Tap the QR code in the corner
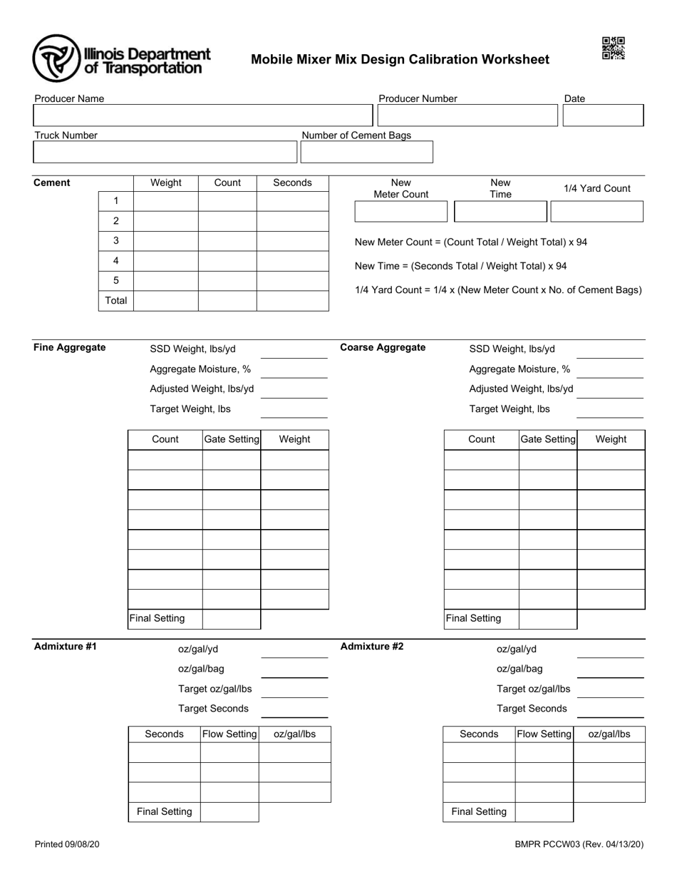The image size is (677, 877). (613, 48)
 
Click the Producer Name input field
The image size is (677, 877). (202, 116)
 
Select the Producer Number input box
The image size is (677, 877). (467, 116)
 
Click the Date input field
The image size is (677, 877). (603, 116)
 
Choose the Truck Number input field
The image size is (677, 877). (165, 152)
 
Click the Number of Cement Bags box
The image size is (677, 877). (366, 152)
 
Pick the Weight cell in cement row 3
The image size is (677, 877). (165, 241)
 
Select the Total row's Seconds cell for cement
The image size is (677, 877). (292, 301)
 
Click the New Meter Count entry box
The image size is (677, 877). (400, 212)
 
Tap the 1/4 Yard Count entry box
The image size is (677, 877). (597, 212)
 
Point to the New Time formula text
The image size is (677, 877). (460, 266)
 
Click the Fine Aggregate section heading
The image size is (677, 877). (70, 348)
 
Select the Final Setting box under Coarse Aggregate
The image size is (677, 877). (547, 619)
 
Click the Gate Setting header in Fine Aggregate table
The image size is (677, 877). (232, 439)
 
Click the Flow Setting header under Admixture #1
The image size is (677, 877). (229, 734)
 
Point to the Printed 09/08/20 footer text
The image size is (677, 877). (67, 844)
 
